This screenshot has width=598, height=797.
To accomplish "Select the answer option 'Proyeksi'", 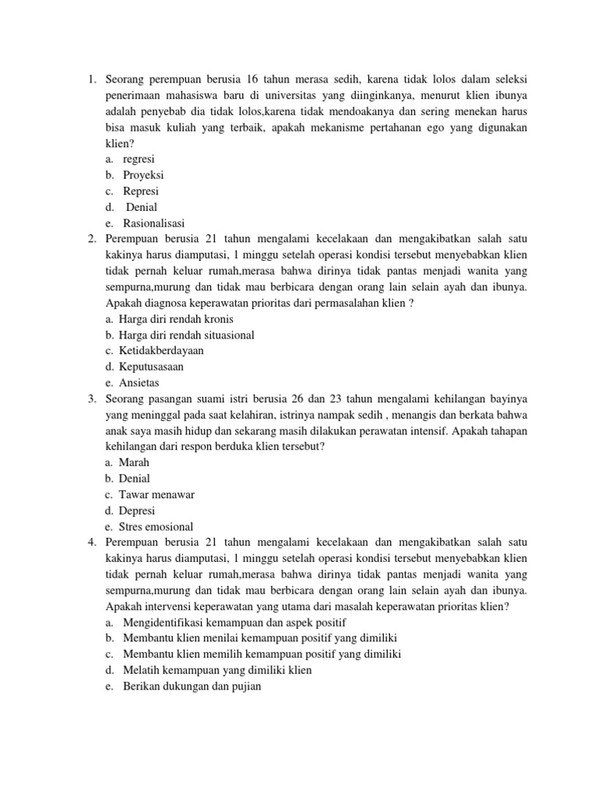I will point(143,175).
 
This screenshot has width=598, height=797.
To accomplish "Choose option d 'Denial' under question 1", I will point(142,207).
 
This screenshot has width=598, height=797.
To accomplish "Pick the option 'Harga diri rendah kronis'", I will point(176,319).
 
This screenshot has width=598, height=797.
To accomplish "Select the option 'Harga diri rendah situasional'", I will point(187,335).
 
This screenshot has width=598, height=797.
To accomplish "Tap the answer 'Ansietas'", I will point(139,383).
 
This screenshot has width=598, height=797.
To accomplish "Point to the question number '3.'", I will point(91,398).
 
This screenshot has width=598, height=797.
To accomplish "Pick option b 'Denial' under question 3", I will point(135,479).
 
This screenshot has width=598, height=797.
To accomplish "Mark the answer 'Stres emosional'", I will point(156,527).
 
